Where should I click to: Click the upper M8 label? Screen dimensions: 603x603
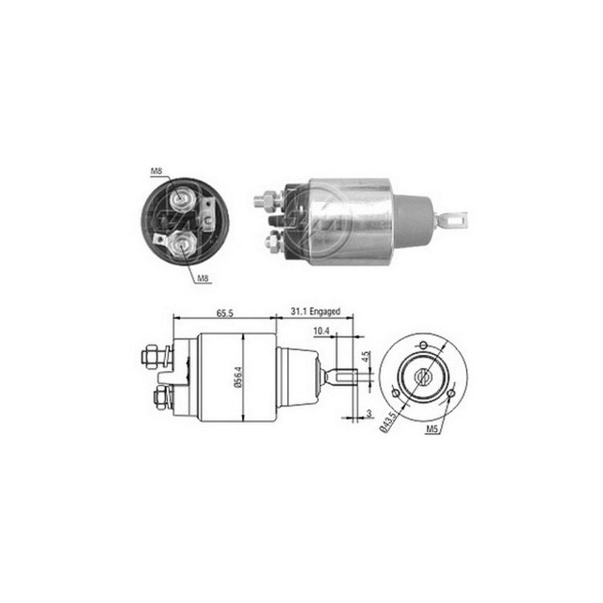coord(156,172)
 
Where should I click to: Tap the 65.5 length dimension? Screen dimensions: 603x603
coord(225,313)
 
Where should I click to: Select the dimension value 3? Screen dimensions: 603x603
coord(368,413)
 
